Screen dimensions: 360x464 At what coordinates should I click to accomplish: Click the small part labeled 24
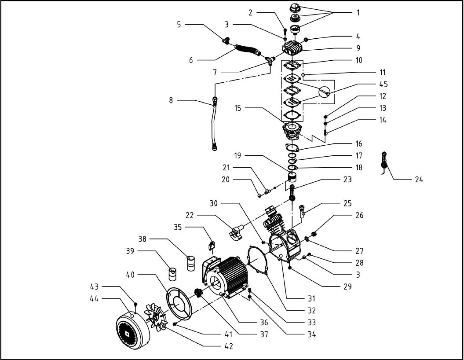pyautogui.click(x=384, y=162)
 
